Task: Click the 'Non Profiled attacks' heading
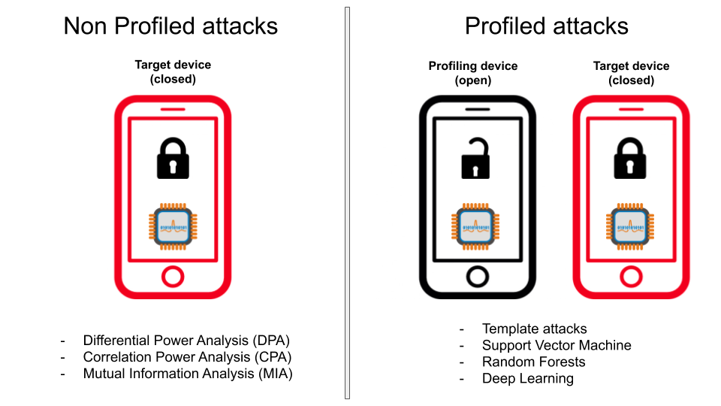(170, 26)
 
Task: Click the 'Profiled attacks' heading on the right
(546, 26)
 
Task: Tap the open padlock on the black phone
(475, 158)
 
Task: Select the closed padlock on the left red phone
(173, 158)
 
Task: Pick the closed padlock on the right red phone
(630, 158)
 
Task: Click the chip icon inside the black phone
(475, 226)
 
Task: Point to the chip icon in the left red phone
(173, 226)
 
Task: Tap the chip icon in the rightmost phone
(630, 226)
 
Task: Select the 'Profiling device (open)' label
(473, 73)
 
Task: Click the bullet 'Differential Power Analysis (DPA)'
(186, 340)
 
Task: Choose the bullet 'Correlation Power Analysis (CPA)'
(187, 356)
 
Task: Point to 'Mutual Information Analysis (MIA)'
(188, 374)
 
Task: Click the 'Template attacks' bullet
(534, 329)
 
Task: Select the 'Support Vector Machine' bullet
(557, 345)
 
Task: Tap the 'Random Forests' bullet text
(533, 362)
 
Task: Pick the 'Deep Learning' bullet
(528, 378)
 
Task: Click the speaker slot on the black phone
(478, 110)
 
